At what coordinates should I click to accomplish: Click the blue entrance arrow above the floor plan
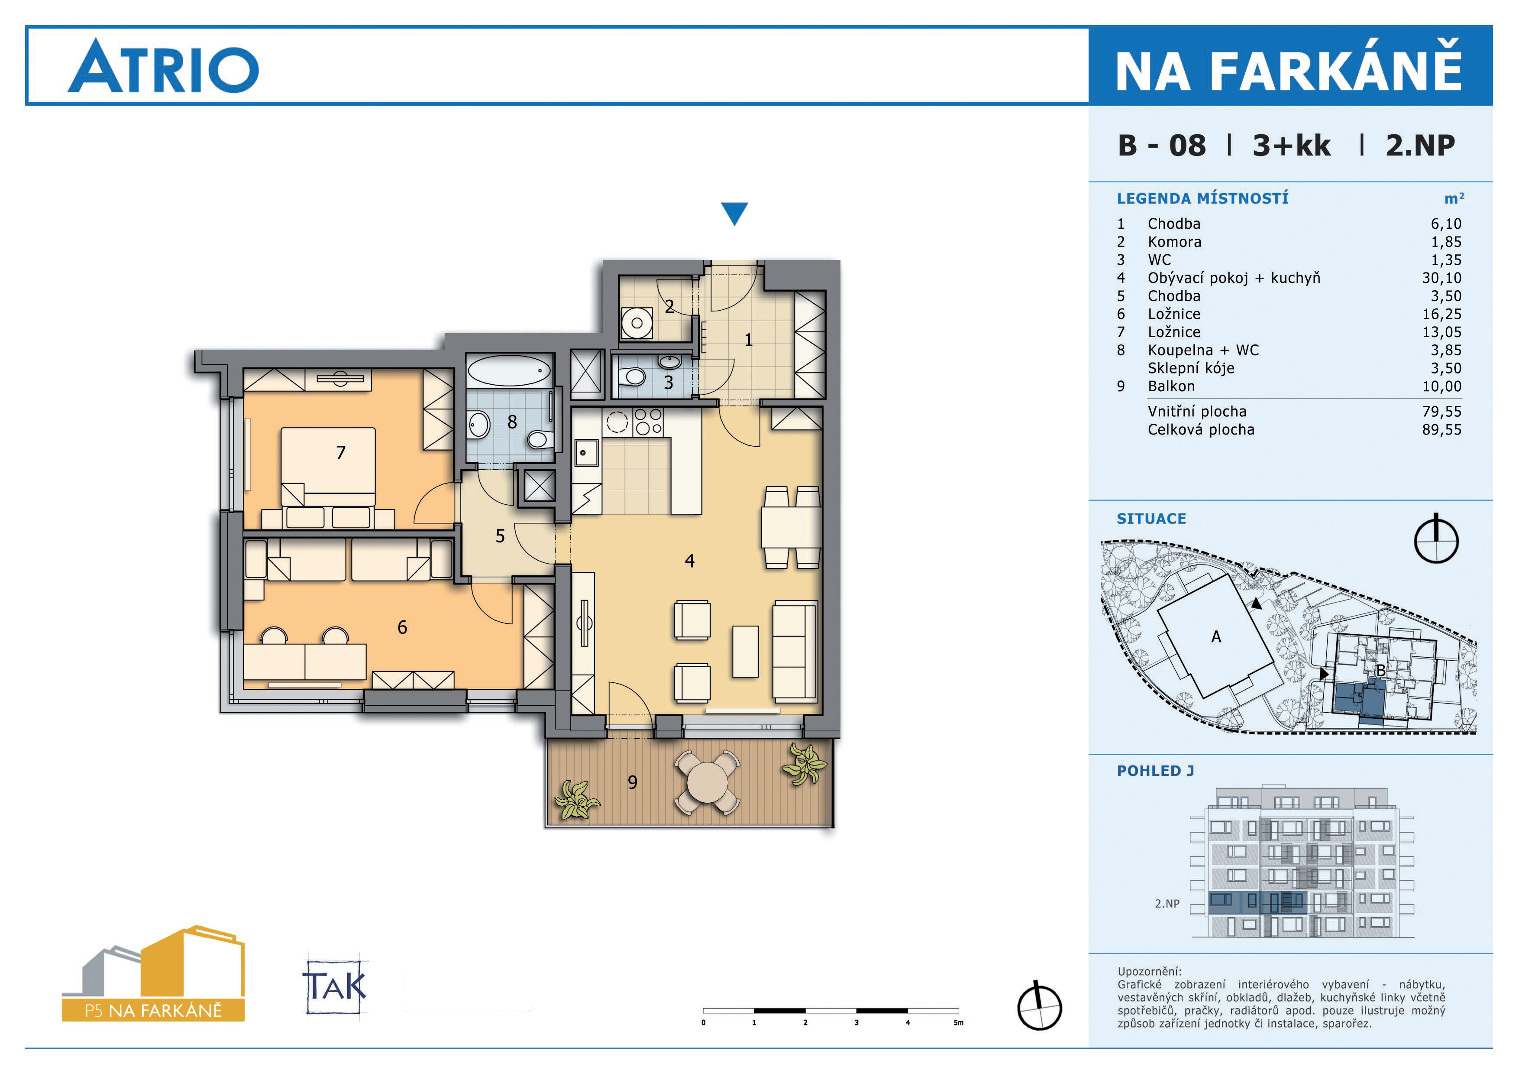[734, 214]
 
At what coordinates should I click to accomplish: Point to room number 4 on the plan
[689, 561]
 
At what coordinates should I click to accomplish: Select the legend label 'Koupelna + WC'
[1203, 350]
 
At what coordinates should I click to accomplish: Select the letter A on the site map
[1216, 636]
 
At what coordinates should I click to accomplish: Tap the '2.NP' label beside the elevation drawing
[1167, 903]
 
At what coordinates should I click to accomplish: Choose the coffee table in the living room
[746, 651]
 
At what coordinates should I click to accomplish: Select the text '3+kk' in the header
[1291, 146]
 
